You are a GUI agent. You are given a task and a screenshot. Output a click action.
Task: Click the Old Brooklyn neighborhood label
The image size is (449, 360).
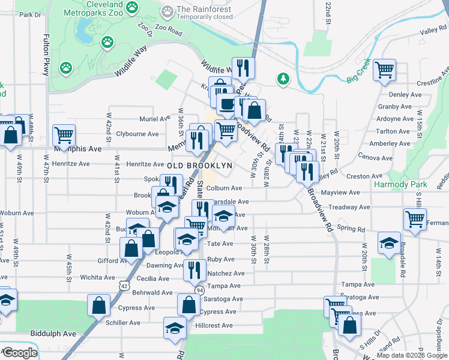click(191, 165)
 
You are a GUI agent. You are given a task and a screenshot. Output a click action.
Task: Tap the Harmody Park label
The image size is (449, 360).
click(400, 184)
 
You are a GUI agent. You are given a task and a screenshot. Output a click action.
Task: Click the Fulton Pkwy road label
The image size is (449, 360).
click(45, 55)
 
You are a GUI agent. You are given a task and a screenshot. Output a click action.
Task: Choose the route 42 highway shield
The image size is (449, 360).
click(123, 286)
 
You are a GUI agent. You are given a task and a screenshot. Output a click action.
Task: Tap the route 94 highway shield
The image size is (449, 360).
click(199, 290)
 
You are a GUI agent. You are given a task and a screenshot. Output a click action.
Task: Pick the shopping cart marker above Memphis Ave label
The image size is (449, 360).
click(63, 135)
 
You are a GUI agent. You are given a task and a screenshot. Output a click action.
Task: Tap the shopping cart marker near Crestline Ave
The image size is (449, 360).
click(384, 70)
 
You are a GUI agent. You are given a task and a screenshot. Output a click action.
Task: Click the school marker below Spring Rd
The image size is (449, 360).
click(388, 242)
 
